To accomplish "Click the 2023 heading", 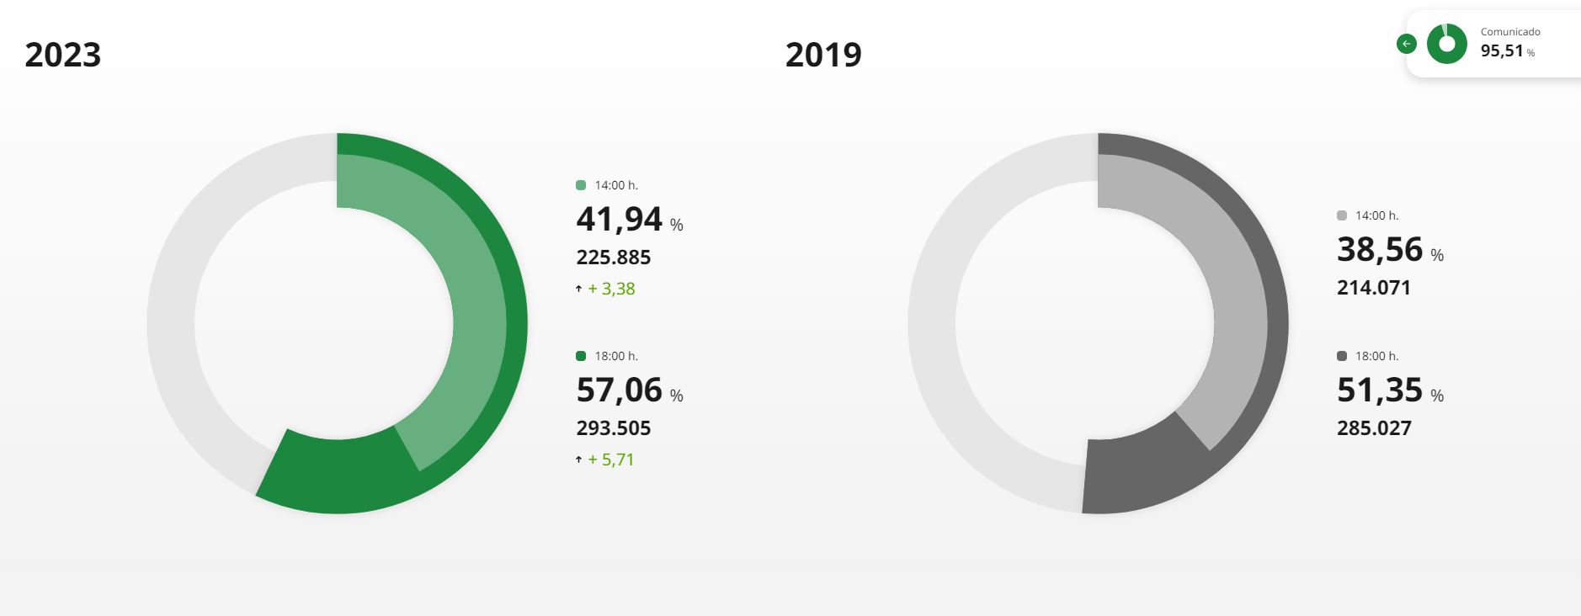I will click(63, 55).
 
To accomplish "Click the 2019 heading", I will click(823, 55).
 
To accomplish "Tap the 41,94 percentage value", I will click(620, 220).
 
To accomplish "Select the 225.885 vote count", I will click(614, 258).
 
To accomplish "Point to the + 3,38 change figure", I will click(611, 289).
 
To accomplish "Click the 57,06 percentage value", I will click(620, 390).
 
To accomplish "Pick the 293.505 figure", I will click(614, 428).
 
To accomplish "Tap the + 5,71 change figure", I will click(610, 459).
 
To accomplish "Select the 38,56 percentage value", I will click(1380, 250).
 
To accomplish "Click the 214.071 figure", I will click(1374, 288).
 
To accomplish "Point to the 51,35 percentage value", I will click(1380, 390).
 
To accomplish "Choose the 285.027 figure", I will click(1374, 428).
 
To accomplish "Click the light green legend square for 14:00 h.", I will click(581, 185).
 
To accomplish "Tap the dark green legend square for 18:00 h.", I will click(581, 356).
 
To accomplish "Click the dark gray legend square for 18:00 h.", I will click(1342, 356).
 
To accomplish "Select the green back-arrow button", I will click(1406, 44).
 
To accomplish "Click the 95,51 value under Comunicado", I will click(1502, 51).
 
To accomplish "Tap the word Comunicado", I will click(1510, 32).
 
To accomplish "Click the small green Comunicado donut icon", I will click(1446, 44).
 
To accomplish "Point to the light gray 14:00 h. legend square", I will click(1342, 215).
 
